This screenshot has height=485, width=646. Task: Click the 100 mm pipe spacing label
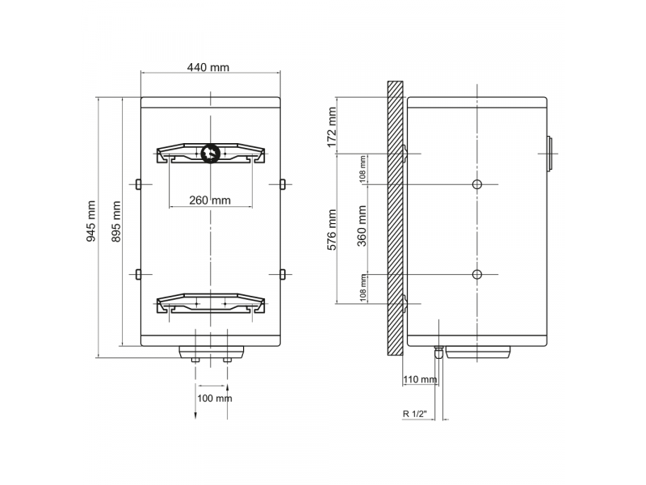[x=214, y=399]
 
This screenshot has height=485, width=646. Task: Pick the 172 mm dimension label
[x=331, y=125]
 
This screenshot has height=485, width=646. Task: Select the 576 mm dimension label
[x=331, y=230]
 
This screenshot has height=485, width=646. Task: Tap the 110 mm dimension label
[x=419, y=379]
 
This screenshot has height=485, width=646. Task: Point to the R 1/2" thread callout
[x=416, y=413]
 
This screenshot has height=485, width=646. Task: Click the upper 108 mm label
[x=363, y=168]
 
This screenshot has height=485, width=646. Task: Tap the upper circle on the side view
[x=477, y=184]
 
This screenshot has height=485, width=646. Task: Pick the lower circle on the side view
[x=477, y=275]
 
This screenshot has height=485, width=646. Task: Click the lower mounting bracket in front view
[x=210, y=304]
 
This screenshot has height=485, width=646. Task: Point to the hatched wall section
[x=395, y=218]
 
